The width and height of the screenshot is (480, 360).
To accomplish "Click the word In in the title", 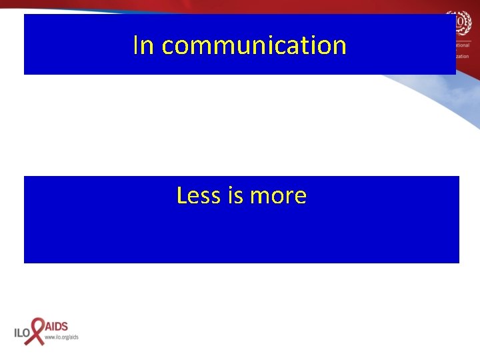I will (x=144, y=45).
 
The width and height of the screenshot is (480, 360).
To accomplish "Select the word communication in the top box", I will (x=254, y=46).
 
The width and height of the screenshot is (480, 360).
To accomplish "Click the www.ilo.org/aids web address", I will (x=61, y=337).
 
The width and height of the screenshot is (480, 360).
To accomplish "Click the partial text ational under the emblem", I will (x=463, y=45).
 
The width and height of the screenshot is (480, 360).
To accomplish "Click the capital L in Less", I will (x=182, y=195).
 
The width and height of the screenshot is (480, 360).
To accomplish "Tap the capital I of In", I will (x=136, y=45).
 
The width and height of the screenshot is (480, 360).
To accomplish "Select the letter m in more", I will (x=259, y=197).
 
